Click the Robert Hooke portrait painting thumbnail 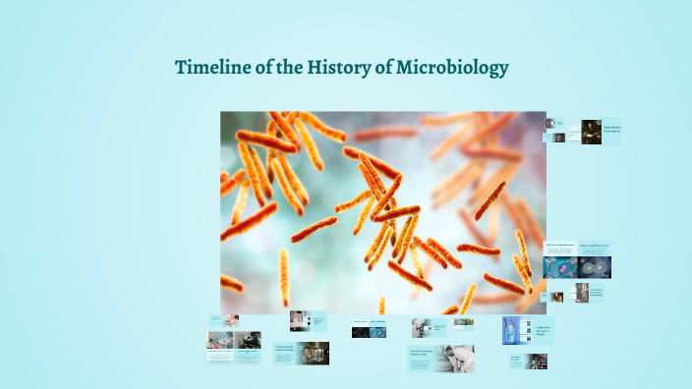pos(591,132)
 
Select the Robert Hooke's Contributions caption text pos(611,128)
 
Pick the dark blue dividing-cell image pos(594,267)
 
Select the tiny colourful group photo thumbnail pos(463,322)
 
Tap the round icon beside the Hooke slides pos(550,125)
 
